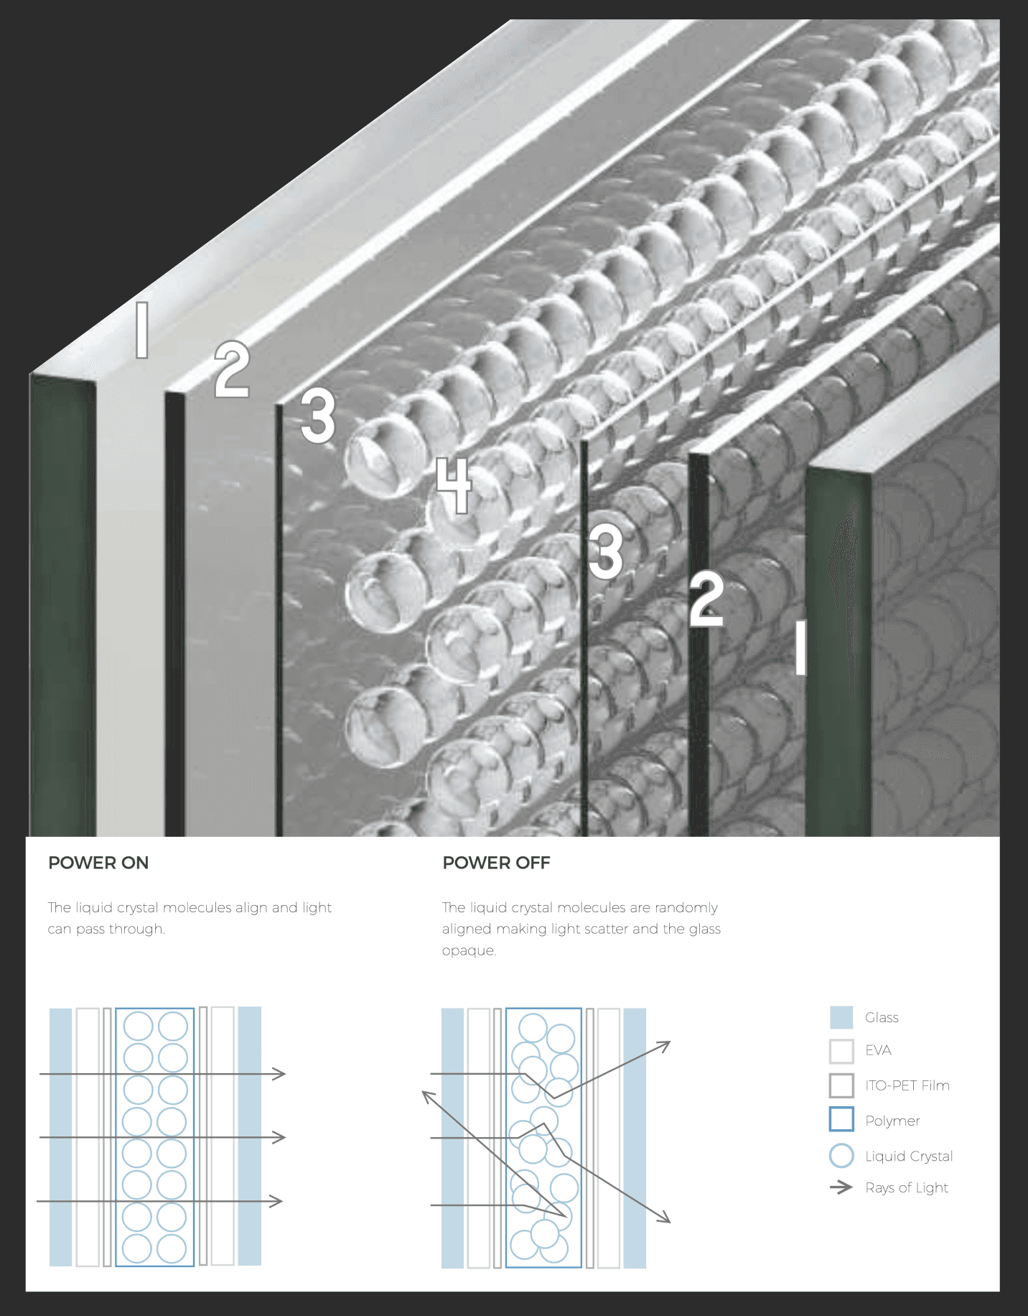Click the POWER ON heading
(98, 863)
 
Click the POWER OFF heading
(496, 863)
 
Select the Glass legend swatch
(841, 1017)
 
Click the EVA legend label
(878, 1050)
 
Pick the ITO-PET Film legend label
(907, 1085)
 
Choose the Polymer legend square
(841, 1120)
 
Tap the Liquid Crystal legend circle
(841, 1156)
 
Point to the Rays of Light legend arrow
(841, 1187)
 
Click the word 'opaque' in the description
(469, 950)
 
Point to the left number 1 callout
(142, 330)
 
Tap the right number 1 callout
(800, 647)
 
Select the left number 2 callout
(232, 370)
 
